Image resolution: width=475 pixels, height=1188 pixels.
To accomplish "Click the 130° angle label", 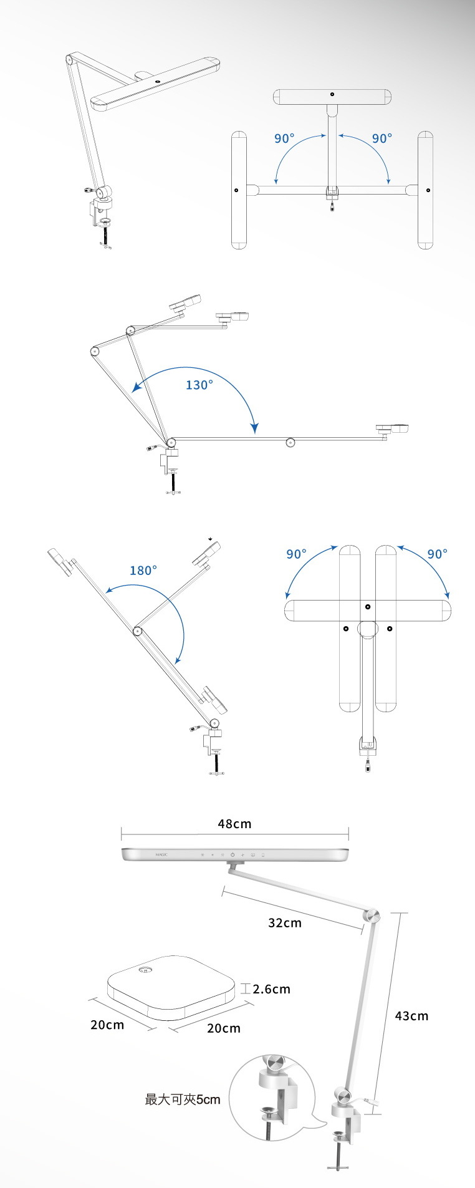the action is pos(199,385).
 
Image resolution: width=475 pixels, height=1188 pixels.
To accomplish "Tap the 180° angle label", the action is pos(143,570).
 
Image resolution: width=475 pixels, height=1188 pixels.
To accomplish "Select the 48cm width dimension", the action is pos(234,823).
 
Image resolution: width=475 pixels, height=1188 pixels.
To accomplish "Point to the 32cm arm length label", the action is pos(285,922).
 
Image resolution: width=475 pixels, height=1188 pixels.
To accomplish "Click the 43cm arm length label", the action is pos(411,1015).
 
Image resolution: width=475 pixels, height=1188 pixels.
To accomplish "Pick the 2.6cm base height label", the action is pos(272,988).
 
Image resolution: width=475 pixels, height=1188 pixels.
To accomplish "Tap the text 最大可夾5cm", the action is pos(183,1099).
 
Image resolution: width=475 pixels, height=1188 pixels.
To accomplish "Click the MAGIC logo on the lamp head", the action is pos(161,854).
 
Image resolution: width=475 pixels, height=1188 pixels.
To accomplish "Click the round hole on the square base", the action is pos(146,970).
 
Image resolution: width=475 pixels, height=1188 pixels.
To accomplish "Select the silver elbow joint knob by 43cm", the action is pos(372,916).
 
